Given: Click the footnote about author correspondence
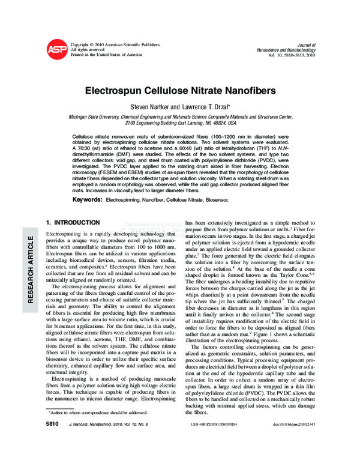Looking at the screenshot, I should click(x=98, y=446).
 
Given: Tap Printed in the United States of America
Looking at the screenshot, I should click(x=106, y=55).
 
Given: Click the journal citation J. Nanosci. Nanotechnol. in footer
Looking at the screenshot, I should click(x=106, y=458).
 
